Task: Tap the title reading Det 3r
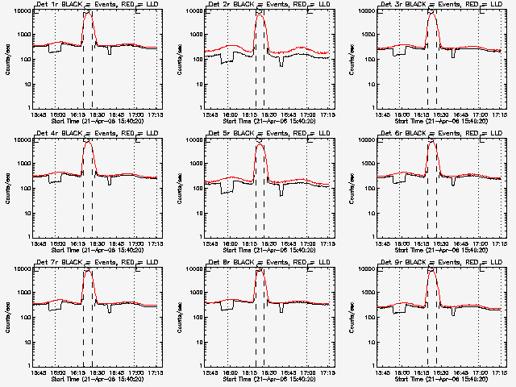[439, 5]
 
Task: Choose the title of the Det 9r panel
[439, 263]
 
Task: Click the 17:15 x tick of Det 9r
[498, 372]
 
